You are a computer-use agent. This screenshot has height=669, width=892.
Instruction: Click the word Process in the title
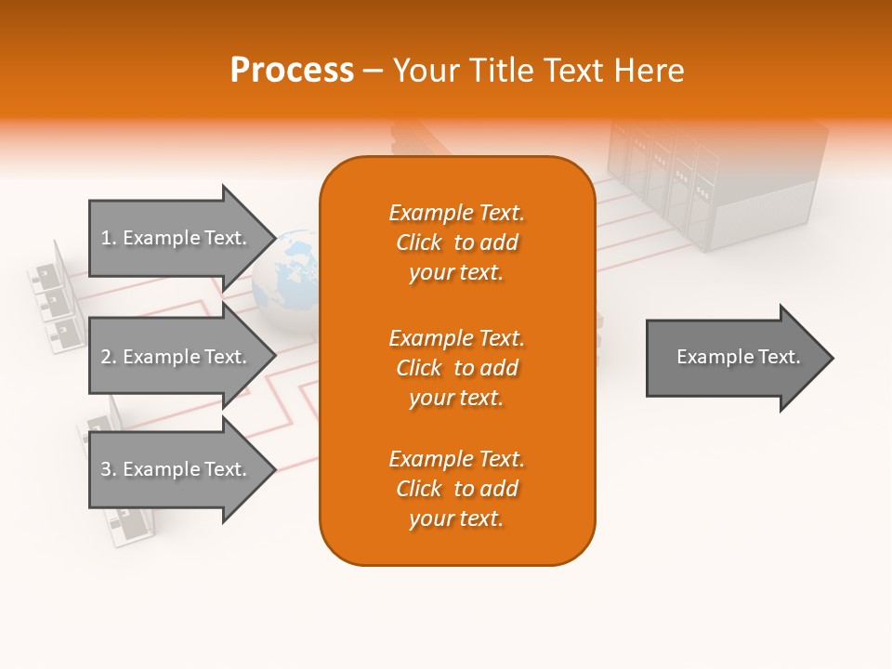pyautogui.click(x=292, y=71)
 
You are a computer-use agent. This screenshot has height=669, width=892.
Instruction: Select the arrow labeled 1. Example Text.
pyautogui.click(x=177, y=238)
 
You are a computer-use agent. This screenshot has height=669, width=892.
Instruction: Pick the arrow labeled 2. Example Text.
pyautogui.click(x=177, y=357)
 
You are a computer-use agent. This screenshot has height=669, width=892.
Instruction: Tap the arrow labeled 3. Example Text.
pyautogui.click(x=177, y=469)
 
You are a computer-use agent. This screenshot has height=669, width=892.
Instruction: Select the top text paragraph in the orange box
pyautogui.click(x=456, y=243)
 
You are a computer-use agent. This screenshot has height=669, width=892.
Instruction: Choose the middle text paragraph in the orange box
pyautogui.click(x=456, y=368)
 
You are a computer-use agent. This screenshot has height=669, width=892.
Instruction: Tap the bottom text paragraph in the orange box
pyautogui.click(x=456, y=489)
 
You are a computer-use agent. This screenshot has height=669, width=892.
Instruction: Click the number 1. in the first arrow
pyautogui.click(x=109, y=238)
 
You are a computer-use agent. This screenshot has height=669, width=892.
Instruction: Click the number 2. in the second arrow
pyautogui.click(x=109, y=357)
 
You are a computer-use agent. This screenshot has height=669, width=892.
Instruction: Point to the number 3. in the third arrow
pyautogui.click(x=109, y=469)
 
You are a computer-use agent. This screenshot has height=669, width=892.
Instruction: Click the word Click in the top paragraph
pyautogui.click(x=419, y=243)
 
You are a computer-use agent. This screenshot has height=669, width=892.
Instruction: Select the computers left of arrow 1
pyautogui.click(x=51, y=297)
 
